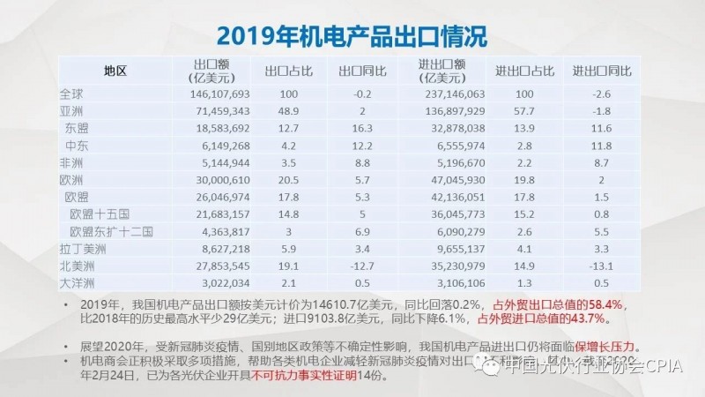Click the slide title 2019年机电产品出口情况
(x=352, y=36)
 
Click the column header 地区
(x=115, y=71)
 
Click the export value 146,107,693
(x=219, y=94)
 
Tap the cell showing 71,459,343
(x=221, y=111)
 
